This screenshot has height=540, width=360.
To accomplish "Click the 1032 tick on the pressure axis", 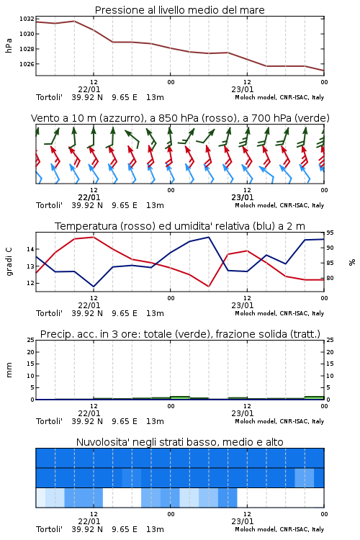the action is pos(27,19).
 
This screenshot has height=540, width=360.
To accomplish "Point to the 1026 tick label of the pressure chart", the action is pos(27,64).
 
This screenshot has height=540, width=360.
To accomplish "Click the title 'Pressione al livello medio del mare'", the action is pos(180,10).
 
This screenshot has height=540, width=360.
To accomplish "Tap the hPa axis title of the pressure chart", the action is pos(9,45).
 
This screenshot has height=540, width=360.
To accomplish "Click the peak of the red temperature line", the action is pos(94,237).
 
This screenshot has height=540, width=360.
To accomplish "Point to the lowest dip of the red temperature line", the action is pos(208,286).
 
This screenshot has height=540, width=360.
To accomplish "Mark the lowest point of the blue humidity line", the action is pos(94,287).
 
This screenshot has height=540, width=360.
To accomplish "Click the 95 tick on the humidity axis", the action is pos(330,233).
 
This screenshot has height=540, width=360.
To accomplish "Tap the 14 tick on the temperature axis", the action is pos(30,249).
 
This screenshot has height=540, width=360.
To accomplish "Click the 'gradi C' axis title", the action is pos(9,262).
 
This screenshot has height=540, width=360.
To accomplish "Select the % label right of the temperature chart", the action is pos(352,262).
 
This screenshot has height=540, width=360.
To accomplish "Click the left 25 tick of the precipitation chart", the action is pos(31,341).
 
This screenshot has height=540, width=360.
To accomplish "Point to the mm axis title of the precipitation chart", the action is pos(9,370).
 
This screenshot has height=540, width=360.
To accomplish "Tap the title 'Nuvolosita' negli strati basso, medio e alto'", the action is pos(180,442).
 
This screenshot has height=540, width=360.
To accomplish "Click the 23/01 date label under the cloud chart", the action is pos(243,521).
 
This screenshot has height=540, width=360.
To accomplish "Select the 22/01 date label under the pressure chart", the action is pos(89,89).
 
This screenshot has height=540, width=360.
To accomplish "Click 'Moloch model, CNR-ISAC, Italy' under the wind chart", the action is pos(279,206).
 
